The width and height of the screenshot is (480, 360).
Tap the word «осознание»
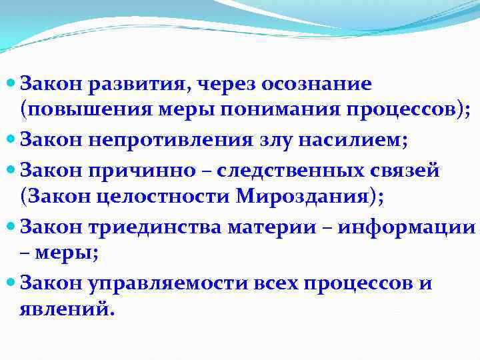pyautogui.click(x=317, y=84)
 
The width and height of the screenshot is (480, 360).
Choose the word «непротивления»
pyautogui.click(x=159, y=141)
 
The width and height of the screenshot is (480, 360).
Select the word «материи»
pyautogui.click(x=273, y=227)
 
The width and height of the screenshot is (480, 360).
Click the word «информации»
pyautogui.click(x=407, y=227)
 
